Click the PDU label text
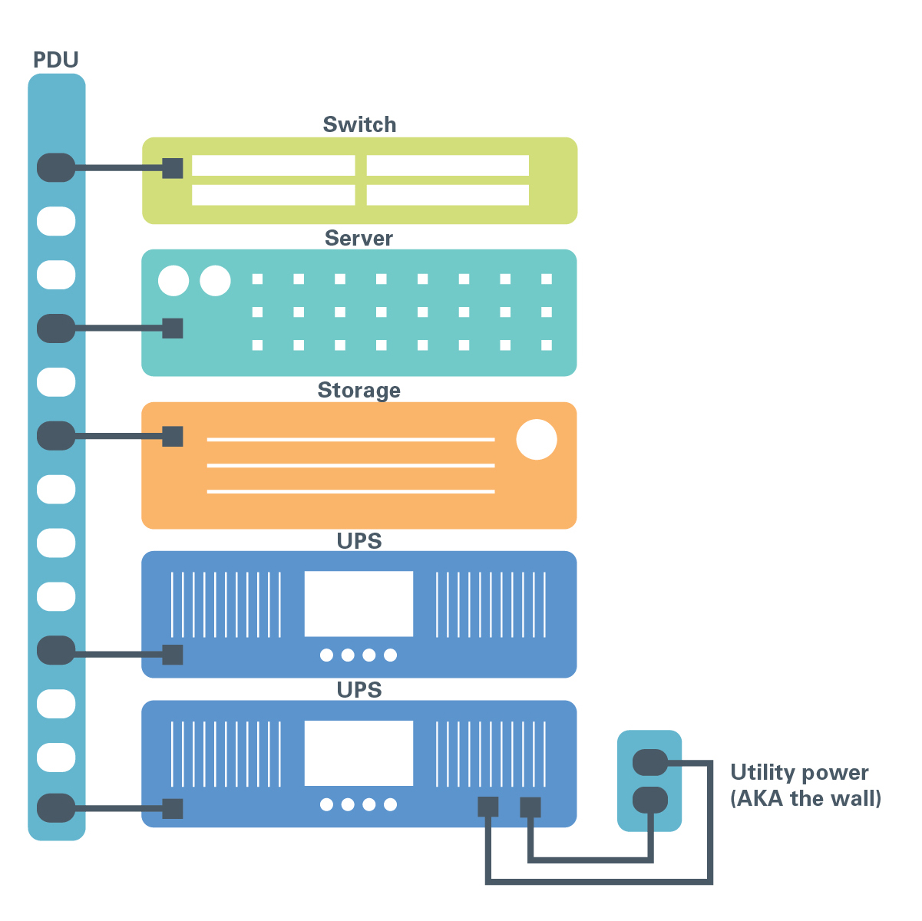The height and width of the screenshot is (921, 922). click(55, 60)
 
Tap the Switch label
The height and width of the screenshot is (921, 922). click(359, 124)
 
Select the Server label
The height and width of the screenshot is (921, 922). click(359, 238)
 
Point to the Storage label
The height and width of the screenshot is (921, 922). click(359, 391)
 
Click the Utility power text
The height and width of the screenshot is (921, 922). click(799, 773)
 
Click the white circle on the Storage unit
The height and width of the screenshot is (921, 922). click(537, 439)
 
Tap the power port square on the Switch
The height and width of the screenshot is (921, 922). click(172, 168)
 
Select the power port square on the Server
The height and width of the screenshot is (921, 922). click(172, 328)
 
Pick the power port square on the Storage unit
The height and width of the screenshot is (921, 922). click(172, 436)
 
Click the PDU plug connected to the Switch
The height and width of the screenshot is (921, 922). click(56, 167)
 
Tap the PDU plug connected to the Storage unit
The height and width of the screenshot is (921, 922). click(56, 435)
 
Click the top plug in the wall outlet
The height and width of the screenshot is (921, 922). click(649, 762)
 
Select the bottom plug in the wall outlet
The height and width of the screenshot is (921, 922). click(649, 800)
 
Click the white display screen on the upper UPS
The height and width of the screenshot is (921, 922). click(359, 603)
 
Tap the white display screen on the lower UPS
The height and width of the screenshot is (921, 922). click(359, 753)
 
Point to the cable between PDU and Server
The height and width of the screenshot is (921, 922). click(119, 328)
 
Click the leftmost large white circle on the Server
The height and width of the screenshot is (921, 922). click(173, 280)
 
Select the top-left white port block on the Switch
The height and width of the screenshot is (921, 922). click(273, 165)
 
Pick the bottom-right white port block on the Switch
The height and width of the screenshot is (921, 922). click(448, 195)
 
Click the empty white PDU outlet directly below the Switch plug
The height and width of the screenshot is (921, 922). click(56, 221)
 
